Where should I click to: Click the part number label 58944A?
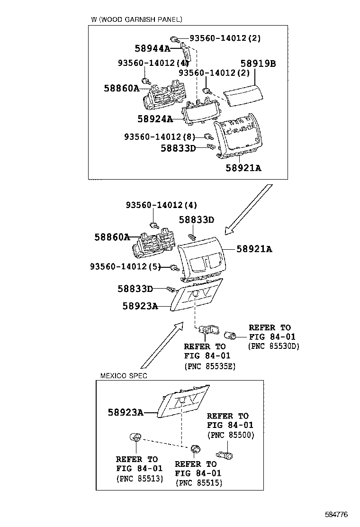[152, 48]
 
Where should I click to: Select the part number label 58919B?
[258, 64]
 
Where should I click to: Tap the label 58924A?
[155, 119]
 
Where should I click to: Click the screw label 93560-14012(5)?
[126, 267]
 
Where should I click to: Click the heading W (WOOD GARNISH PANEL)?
[136, 19]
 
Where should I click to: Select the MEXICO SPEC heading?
[124, 375]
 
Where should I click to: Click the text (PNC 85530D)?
[274, 346]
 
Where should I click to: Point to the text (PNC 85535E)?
[209, 366]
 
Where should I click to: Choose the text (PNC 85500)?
[230, 435]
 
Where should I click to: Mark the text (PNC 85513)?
[139, 478]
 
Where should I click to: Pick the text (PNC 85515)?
[198, 483]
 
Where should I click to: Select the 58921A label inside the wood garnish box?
[243, 168]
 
